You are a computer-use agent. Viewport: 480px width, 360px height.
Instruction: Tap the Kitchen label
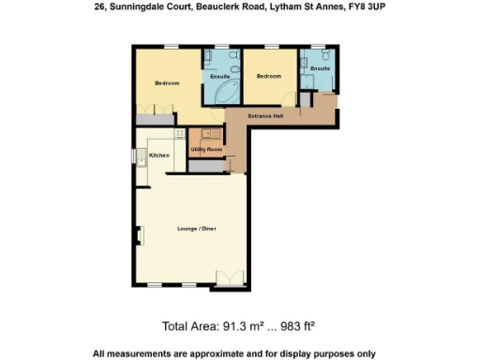click(158, 155)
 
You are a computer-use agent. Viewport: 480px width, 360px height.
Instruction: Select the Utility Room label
click(205, 150)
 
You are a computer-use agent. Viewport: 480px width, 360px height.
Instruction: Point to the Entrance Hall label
click(265, 115)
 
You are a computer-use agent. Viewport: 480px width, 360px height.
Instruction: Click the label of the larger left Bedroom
click(167, 83)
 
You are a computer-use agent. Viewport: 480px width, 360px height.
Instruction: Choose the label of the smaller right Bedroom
click(269, 76)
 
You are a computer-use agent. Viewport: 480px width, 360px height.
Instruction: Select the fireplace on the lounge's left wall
click(140, 236)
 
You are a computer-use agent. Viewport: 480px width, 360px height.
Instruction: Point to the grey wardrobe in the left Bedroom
click(155, 119)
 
